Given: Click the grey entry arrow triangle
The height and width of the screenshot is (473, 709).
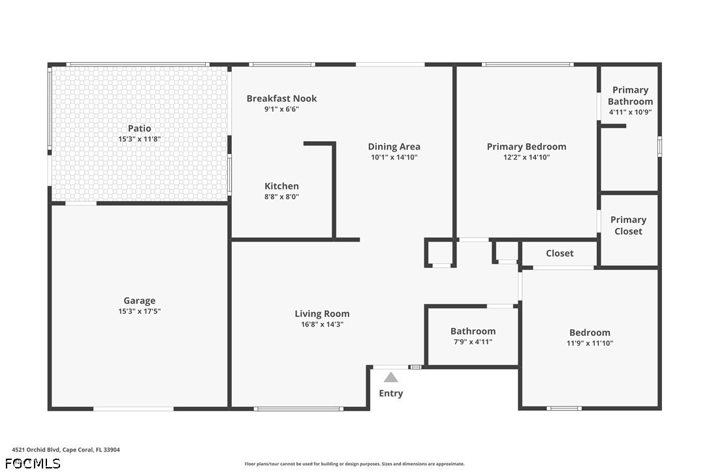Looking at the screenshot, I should coord(391,377).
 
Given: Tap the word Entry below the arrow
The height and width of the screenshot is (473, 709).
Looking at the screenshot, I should coord(391,393).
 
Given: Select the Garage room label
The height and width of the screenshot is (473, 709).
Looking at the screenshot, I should coord(140,301).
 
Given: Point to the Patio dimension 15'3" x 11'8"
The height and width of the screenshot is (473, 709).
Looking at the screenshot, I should coord(140,139).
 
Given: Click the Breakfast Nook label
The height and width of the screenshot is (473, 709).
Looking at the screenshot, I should coord(281,99).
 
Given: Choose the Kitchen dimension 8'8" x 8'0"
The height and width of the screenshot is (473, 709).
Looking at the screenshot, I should coord(281,197).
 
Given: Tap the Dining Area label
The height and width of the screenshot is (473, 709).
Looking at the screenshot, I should coord(394,146).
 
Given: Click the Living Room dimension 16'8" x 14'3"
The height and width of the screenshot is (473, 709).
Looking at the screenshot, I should coord(322,324).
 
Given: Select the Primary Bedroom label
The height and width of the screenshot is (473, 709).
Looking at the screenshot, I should coord(526,146).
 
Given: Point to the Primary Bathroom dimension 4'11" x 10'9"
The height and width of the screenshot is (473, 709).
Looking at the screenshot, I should coord(630,112).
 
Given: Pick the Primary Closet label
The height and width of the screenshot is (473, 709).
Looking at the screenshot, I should coord(628,225).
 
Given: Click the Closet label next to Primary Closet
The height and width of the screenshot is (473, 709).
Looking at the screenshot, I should coord(559,253).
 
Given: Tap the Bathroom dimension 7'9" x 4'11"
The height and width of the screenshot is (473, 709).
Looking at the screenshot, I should coord(473,342).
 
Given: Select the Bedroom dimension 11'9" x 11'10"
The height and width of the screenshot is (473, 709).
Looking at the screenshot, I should coord(590,343).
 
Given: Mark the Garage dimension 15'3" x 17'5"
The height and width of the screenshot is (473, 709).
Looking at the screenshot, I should coord(140,312).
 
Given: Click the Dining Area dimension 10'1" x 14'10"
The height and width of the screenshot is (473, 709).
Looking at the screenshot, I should coord(394,157).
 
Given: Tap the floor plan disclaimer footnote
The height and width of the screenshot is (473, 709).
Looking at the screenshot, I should coord(355,464).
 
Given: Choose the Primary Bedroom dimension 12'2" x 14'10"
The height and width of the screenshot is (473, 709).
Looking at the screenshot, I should coord(526,157).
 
